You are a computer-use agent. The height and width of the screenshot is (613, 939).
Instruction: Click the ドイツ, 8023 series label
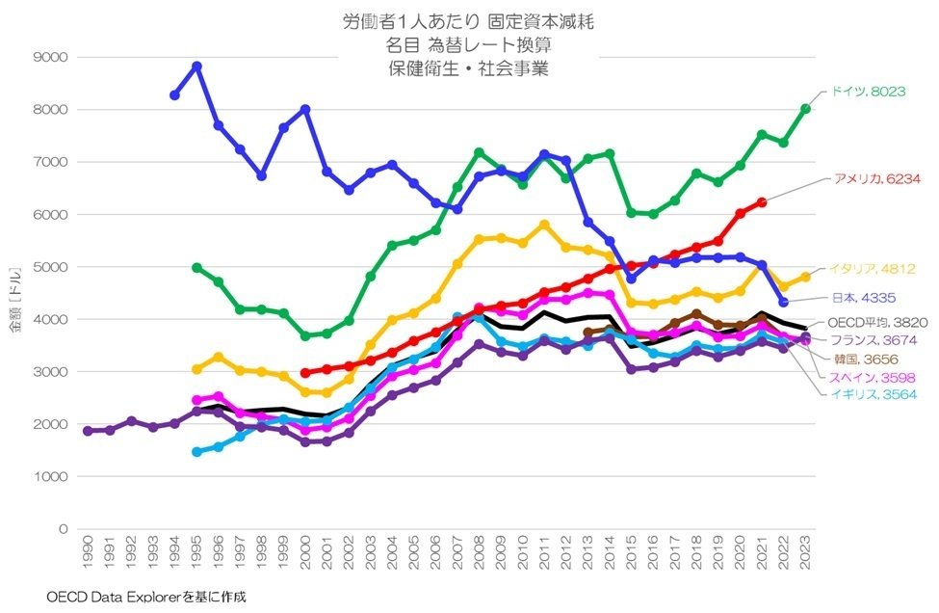[868, 93]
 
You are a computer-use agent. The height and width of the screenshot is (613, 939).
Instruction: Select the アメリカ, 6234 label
[876, 180]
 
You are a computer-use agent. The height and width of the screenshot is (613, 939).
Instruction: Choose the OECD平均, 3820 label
[876, 323]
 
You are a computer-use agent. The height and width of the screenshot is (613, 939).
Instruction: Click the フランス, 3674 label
[875, 340]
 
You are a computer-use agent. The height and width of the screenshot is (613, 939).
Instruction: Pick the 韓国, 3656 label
[867, 358]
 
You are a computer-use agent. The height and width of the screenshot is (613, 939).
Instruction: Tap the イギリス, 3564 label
[875, 394]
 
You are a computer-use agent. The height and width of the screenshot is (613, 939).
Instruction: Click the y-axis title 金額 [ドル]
[13, 293]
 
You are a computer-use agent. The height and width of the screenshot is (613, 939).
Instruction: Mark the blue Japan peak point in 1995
[196, 67]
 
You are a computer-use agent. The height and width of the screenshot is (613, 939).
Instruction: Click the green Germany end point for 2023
[805, 109]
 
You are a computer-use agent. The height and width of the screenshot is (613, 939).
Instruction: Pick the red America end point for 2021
[762, 202]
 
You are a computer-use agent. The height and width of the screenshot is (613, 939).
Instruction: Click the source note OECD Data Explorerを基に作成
[145, 598]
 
